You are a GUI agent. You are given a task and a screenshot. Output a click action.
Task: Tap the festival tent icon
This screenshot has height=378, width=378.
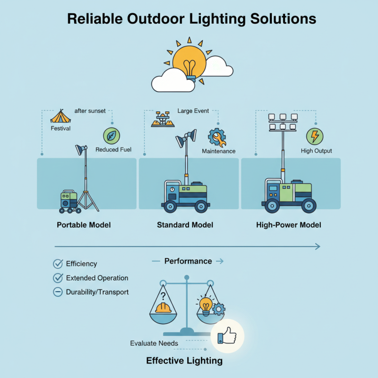click(60, 116)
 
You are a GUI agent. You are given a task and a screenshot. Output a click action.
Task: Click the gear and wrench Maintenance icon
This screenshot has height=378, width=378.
click(217, 137)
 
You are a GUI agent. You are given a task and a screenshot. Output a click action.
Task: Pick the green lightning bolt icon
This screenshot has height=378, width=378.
click(315, 137)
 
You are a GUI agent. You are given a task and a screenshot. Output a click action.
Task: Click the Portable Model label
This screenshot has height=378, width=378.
click(84, 225)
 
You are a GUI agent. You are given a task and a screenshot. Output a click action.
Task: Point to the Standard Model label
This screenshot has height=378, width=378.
click(185, 225)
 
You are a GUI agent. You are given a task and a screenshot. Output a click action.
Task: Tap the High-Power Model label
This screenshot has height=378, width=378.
click(288, 225)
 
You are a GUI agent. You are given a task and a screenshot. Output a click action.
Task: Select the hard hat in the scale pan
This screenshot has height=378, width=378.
click(163, 307)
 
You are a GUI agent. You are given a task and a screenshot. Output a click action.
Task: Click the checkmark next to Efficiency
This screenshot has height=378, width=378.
click(58, 264)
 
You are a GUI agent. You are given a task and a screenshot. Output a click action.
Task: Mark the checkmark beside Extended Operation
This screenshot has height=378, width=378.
click(58, 278)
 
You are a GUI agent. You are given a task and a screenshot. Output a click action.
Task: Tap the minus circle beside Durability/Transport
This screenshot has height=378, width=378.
click(58, 292)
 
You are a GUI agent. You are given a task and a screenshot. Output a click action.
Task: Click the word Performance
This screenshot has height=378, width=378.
click(188, 261)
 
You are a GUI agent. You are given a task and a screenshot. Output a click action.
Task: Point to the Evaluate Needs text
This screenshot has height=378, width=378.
click(154, 344)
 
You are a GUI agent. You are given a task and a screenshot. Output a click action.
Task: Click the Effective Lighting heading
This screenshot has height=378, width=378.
click(184, 361)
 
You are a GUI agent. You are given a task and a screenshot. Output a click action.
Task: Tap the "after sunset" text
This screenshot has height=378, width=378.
click(90, 111)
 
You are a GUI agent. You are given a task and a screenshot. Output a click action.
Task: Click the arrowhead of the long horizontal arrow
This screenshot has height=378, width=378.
click(318, 246)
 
